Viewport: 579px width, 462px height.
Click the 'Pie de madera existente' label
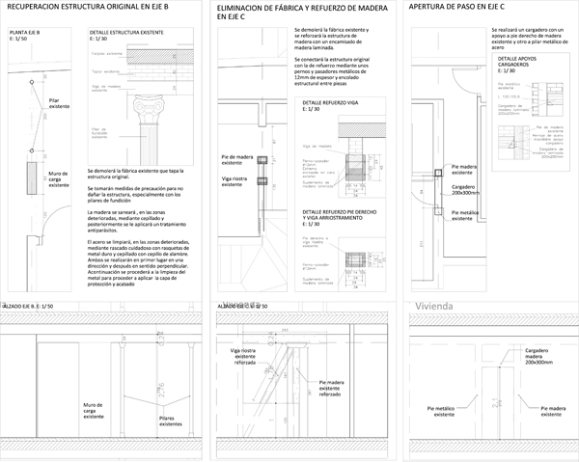(236, 159)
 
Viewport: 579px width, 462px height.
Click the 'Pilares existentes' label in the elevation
(148, 418)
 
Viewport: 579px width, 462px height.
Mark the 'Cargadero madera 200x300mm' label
(538, 356)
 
